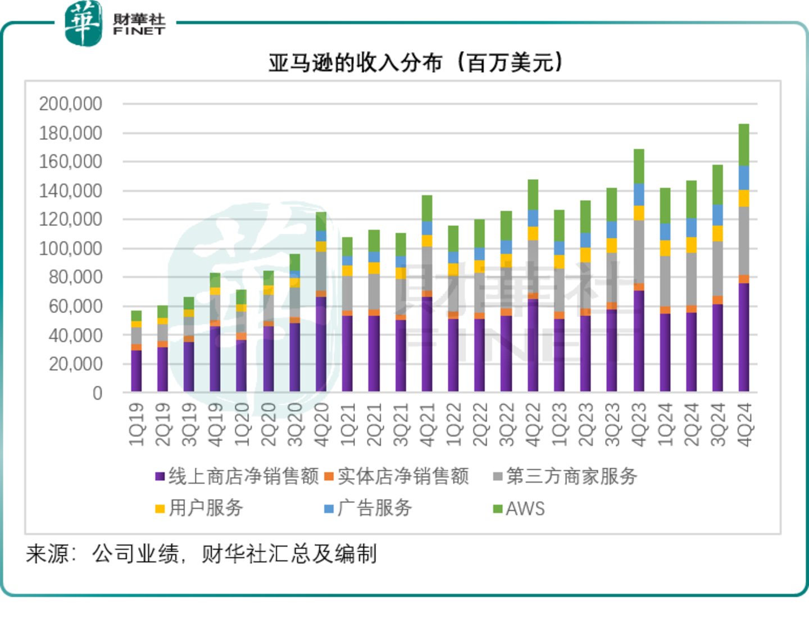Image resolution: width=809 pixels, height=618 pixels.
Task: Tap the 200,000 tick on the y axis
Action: [70, 104]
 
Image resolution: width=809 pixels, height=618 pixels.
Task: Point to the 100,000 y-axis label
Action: [70, 248]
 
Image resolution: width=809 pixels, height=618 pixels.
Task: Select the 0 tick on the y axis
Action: [97, 393]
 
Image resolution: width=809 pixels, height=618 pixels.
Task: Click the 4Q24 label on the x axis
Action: [744, 424]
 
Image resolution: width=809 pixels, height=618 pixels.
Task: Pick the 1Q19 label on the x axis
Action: [137, 424]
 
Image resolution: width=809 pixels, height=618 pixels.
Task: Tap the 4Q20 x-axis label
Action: [321, 424]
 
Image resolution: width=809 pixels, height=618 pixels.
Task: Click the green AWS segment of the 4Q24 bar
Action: [744, 144]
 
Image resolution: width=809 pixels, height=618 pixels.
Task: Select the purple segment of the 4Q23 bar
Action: [639, 340]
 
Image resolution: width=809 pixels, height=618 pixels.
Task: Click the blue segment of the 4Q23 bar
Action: [639, 194]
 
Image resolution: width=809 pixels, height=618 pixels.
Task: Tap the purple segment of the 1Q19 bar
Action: [137, 371]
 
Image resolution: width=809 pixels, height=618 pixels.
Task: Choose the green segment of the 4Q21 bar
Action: [427, 208]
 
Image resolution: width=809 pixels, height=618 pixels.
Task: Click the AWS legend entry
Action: [525, 508]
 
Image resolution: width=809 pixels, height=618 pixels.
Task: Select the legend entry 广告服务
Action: [374, 508]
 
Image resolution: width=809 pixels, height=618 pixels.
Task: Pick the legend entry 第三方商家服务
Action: [571, 476]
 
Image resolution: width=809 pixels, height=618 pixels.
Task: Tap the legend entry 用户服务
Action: [206, 508]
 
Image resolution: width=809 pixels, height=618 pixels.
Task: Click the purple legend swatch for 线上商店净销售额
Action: [160, 477]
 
